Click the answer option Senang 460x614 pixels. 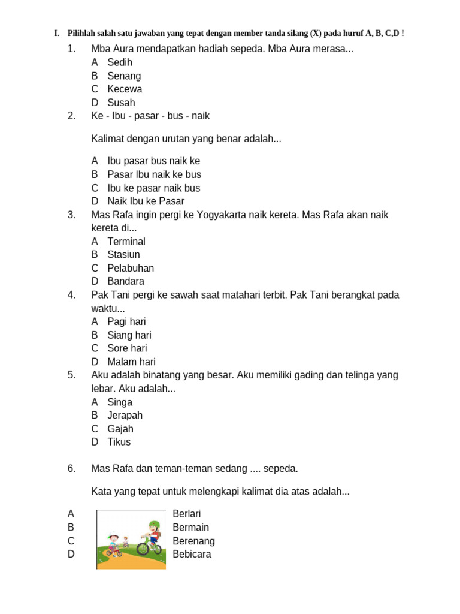[124, 76]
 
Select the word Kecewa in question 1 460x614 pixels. [125, 89]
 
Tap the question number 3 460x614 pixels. [72, 215]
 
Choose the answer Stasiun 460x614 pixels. [123, 255]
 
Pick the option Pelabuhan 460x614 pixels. [131, 268]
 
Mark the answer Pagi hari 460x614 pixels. [126, 322]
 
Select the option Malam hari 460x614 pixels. [131, 362]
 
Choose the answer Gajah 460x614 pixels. [120, 429]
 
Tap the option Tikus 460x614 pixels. [119, 442]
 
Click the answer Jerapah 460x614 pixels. [125, 416]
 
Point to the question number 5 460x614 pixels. [72, 375]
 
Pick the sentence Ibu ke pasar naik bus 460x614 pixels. [153, 188]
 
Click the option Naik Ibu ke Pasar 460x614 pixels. [146, 201]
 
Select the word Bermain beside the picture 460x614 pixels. [190, 528]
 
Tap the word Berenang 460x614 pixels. [193, 541]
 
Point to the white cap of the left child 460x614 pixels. [113, 532]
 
